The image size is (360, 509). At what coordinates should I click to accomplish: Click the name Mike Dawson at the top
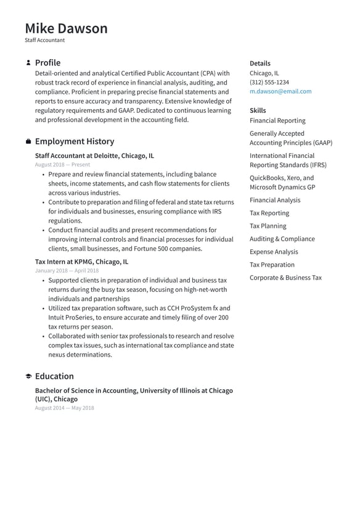[x=66, y=28]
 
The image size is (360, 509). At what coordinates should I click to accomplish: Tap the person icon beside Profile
[x=28, y=63]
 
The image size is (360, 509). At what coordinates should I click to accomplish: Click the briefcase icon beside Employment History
[x=28, y=142]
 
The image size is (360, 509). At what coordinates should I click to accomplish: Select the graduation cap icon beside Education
[x=28, y=376]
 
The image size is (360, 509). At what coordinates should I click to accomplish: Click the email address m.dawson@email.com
[x=280, y=91]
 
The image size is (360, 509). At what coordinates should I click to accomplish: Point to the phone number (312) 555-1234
[x=269, y=82]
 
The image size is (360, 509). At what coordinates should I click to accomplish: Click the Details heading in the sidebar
[x=260, y=64]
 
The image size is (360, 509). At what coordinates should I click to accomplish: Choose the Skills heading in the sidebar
[x=258, y=110]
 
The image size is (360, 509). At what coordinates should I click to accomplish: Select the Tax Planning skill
[x=268, y=226]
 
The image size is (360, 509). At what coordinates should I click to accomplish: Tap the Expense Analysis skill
[x=273, y=252]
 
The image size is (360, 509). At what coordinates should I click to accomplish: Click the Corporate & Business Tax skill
[x=285, y=278]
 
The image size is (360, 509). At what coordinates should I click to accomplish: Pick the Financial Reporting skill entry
[x=277, y=121]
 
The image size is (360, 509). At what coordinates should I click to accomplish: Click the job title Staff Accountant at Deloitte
[x=94, y=156]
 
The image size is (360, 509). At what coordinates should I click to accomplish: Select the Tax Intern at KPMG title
[x=81, y=262]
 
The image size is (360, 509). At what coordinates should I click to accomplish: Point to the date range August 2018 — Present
[x=62, y=165]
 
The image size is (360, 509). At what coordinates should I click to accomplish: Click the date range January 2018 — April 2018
[x=67, y=271]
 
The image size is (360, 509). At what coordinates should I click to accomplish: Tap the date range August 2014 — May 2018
[x=64, y=408]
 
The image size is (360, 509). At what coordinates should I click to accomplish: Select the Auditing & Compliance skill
[x=282, y=239]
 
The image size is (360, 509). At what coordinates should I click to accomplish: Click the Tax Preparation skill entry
[x=272, y=265]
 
